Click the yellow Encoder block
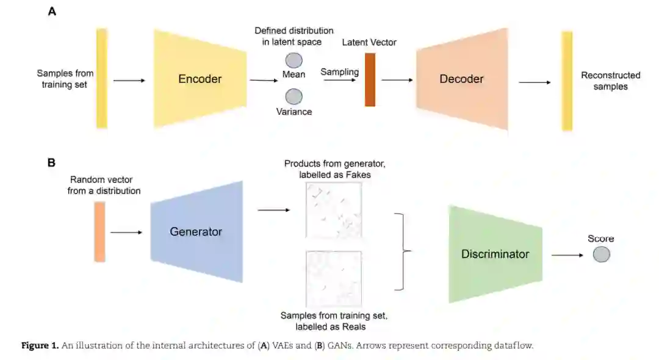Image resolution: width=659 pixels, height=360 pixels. pos(200,79)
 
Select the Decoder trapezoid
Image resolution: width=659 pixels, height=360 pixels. pos(462,79)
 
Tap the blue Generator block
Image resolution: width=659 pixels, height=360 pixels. pos(196,231)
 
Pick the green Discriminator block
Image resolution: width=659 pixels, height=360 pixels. pos(495,254)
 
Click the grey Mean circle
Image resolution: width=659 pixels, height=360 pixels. pos(294,60)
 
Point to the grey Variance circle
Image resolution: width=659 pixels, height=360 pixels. pos(294,96)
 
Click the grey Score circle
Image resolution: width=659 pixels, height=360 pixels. pos(601,254)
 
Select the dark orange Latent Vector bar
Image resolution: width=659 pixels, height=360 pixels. pos(370,80)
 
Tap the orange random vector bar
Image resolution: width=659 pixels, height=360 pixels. pos(99,232)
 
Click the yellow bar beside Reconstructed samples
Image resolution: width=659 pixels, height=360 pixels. pos(567,81)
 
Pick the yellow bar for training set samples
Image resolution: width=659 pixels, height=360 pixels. pos(102,78)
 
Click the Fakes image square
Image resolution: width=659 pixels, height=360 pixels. pos(333,211)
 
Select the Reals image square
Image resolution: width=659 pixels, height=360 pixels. pos(333,279)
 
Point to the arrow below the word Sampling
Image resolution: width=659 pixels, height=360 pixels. pos(340,79)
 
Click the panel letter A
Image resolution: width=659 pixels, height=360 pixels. pos(52,11)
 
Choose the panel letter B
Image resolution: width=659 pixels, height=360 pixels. pos(52,162)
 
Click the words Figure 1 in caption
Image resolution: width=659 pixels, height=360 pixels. pos(40,346)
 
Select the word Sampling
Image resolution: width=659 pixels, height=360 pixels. pos(340,71)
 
